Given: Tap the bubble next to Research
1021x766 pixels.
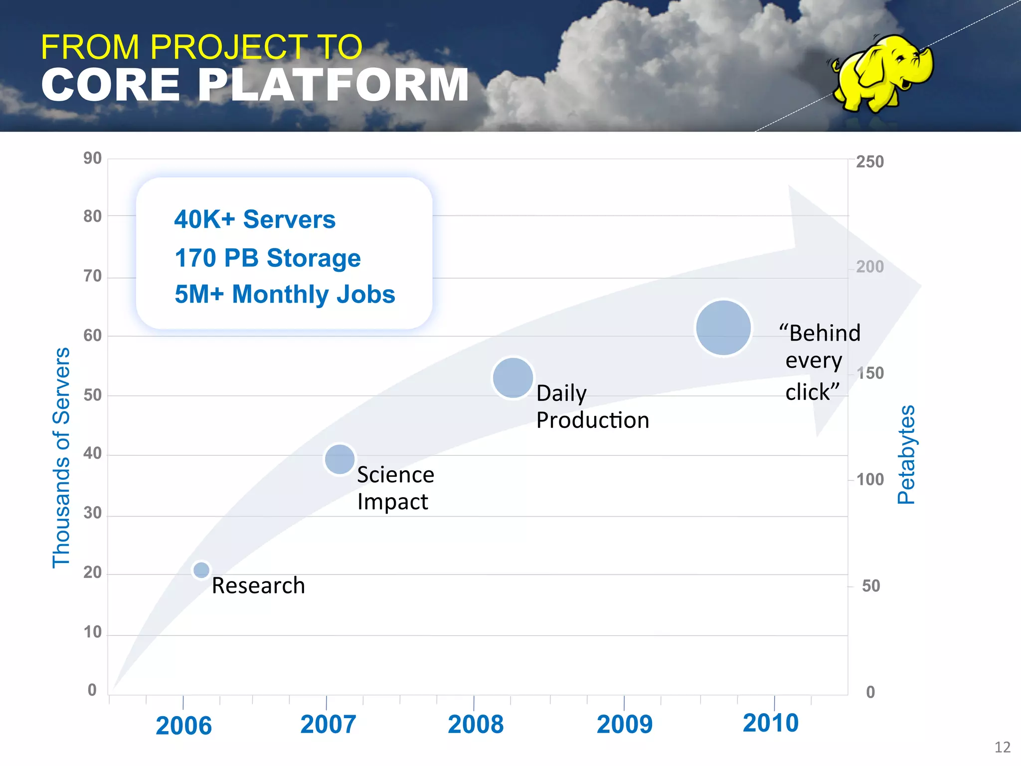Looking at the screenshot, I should point(201,570).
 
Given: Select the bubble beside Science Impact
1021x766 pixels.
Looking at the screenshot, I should point(340,459).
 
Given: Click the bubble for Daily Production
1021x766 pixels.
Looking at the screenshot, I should point(512,378).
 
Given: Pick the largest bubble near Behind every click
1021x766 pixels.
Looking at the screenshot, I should point(723,328).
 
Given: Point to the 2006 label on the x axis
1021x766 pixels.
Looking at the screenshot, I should point(183,726).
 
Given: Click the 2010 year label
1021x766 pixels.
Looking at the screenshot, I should point(770,723).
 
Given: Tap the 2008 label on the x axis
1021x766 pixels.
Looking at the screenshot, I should point(476,724).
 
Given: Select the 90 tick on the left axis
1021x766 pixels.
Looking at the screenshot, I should point(92,158).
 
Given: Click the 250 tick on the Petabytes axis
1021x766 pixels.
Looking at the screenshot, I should point(869,162).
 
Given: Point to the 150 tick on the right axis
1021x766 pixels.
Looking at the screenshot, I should point(870,373).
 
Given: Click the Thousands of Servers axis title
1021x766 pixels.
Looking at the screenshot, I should point(61,457).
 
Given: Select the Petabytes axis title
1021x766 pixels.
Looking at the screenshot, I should point(906,454).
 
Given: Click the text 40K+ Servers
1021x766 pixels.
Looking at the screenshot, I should point(255,219).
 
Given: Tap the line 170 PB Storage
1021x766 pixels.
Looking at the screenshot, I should point(268,258).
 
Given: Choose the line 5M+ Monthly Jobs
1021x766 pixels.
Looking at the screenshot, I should point(285,294).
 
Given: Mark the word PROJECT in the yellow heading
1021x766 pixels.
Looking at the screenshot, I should point(229,47).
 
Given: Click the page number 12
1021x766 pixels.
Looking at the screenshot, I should point(1002,747).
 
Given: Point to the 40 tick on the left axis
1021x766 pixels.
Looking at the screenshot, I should point(92,453).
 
